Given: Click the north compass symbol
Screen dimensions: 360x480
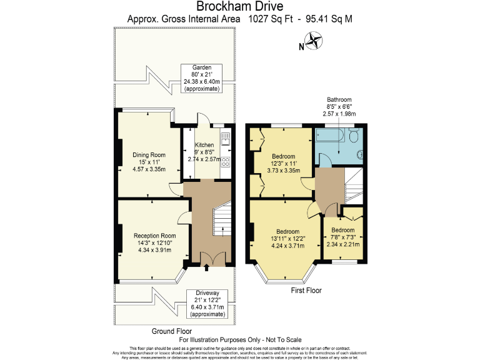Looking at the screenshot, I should (313, 43).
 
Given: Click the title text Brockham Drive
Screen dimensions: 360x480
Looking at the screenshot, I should (239, 7).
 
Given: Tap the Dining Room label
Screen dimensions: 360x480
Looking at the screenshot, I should (149, 161).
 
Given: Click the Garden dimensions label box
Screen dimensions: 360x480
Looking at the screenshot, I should (201, 78).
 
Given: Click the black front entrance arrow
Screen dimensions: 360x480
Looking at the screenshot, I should (206, 269).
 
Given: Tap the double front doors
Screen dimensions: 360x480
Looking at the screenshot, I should (206, 257).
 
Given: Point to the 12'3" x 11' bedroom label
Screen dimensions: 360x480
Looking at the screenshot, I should (284, 161).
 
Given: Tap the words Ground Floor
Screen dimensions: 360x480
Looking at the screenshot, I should (171, 331).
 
